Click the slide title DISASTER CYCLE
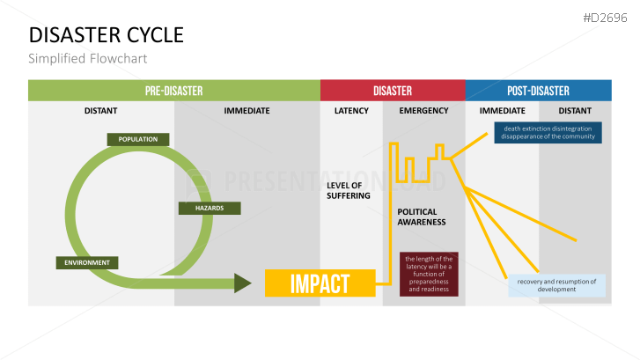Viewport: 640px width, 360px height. [107, 35]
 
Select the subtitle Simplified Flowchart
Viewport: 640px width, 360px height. [87, 59]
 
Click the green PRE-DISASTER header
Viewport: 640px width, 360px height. [173, 91]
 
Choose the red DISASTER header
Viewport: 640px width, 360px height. [393, 91]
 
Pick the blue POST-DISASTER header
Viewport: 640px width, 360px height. [538, 91]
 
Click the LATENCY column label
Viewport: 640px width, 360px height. [351, 111]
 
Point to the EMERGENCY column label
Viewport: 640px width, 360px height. [423, 111]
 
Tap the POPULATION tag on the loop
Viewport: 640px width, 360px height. [137, 139]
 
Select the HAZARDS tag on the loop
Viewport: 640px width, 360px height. [203, 209]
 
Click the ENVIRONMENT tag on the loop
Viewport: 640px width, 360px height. [86, 262]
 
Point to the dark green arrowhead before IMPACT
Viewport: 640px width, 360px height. [243, 283]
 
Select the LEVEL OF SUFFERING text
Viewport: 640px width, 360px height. [344, 190]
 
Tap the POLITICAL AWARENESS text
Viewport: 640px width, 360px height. [422, 217]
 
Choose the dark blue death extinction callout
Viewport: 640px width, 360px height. [548, 132]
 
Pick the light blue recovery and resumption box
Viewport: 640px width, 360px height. [556, 285]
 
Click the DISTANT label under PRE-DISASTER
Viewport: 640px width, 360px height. [101, 111]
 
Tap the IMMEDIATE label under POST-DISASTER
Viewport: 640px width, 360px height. [502, 111]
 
